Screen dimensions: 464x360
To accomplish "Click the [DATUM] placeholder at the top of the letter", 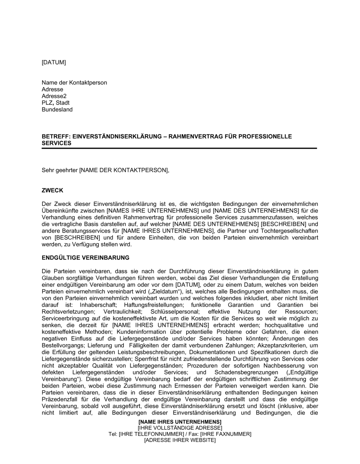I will pyautogui.click(x=54, y=63).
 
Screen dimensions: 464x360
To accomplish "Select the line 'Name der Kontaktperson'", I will pyautogui.click(x=74, y=83).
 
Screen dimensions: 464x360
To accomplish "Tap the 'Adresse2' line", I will pyautogui.click(x=54, y=96).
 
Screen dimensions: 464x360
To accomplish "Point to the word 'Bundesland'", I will pyautogui.click(x=57, y=110).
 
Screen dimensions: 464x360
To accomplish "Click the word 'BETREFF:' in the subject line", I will pyautogui.click(x=56, y=137).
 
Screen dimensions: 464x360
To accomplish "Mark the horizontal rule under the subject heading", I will pyautogui.click(x=179, y=148).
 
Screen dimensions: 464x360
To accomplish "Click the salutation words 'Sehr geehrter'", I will pyautogui.click(x=59, y=170).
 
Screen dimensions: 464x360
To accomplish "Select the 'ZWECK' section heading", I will pyautogui.click(x=53, y=191).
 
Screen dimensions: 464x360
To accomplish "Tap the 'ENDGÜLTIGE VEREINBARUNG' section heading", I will pyautogui.click(x=85, y=258).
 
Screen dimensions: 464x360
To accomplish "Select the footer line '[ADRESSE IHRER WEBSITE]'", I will pyautogui.click(x=180, y=440).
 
